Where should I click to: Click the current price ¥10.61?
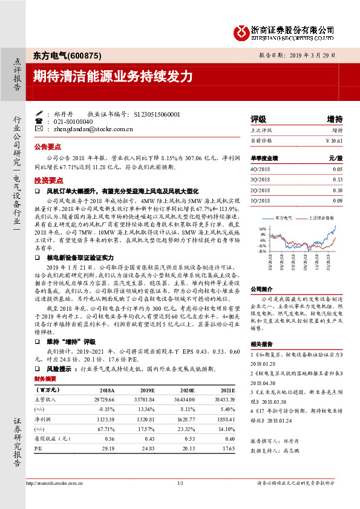coord(333,140)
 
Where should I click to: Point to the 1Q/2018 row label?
coord(259,200)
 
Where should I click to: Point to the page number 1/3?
coord(180,482)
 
